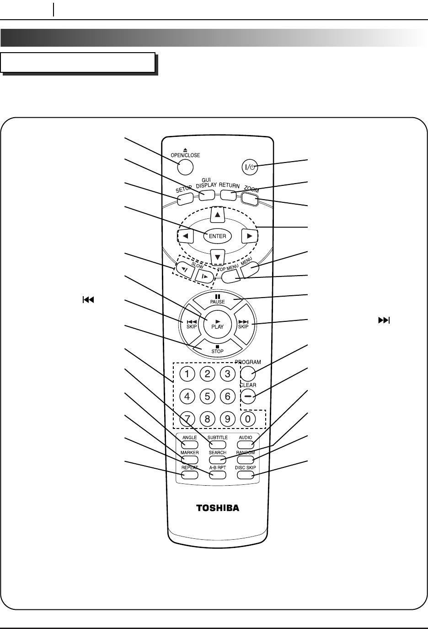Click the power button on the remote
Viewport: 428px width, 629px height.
pyautogui.click(x=250, y=168)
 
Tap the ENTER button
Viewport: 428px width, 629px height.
pyautogui.click(x=218, y=236)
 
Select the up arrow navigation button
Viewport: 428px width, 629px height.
pyautogui.click(x=218, y=214)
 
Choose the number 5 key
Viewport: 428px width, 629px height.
pyautogui.click(x=208, y=396)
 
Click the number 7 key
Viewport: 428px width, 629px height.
pyautogui.click(x=187, y=418)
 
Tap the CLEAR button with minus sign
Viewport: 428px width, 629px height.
pyautogui.click(x=248, y=396)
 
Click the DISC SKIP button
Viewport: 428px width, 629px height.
pyautogui.click(x=246, y=475)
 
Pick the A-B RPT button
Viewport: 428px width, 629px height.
pyautogui.click(x=218, y=475)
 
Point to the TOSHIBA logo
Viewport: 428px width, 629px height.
pyautogui.click(x=218, y=508)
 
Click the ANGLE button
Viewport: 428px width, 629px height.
pyautogui.click(x=190, y=445)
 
